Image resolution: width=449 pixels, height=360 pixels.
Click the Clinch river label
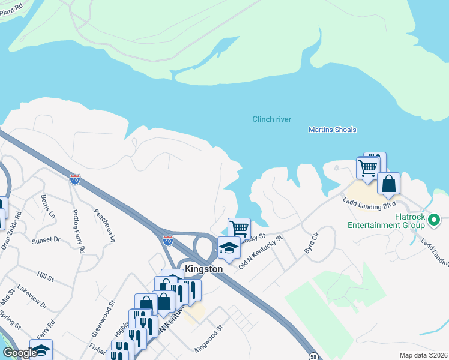pyautogui.click(x=271, y=119)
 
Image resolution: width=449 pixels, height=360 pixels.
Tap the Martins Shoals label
pyautogui.click(x=332, y=130)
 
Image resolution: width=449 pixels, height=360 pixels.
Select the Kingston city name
pyautogui.click(x=203, y=269)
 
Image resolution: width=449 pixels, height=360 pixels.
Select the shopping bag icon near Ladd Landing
pyautogui.click(x=388, y=184)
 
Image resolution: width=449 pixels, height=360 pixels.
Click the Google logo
pyautogui.click(x=20, y=353)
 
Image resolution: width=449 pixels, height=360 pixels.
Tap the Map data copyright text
pyautogui.click(x=423, y=355)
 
